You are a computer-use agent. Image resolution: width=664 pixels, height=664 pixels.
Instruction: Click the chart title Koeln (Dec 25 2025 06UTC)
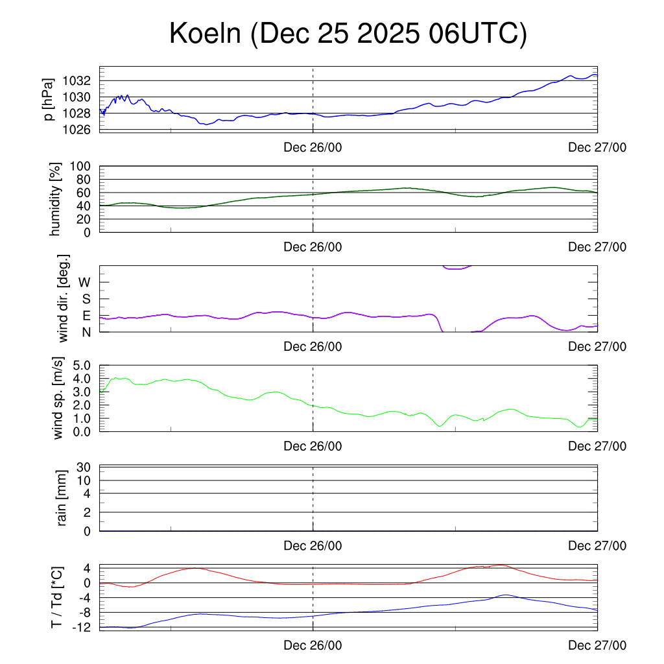point(348,34)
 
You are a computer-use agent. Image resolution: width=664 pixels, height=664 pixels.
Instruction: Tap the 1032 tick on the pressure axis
point(77,81)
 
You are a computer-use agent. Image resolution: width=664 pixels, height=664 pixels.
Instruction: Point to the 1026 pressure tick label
point(77,129)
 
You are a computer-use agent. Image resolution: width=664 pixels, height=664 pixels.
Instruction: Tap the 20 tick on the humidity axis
point(84,219)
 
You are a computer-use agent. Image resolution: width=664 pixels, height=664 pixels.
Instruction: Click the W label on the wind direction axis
point(84,283)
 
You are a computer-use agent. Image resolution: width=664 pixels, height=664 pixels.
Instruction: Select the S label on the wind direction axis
point(86,300)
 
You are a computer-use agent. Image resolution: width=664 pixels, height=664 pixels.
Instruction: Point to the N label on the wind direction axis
point(86,332)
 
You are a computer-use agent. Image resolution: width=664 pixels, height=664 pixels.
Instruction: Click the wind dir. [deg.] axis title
point(64,298)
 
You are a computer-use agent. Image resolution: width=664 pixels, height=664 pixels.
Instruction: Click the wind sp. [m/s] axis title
point(58,397)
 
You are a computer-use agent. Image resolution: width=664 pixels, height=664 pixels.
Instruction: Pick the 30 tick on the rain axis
point(84,468)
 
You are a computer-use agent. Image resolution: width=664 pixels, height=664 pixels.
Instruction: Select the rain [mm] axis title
point(62,498)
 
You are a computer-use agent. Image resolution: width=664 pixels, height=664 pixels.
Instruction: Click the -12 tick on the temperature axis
point(80,627)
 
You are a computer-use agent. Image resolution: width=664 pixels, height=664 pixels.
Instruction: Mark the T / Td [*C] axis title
point(56,597)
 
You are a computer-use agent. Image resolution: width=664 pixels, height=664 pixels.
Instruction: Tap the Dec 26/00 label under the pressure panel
point(313,147)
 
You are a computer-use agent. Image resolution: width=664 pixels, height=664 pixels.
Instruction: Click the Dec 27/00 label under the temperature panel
point(597,645)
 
